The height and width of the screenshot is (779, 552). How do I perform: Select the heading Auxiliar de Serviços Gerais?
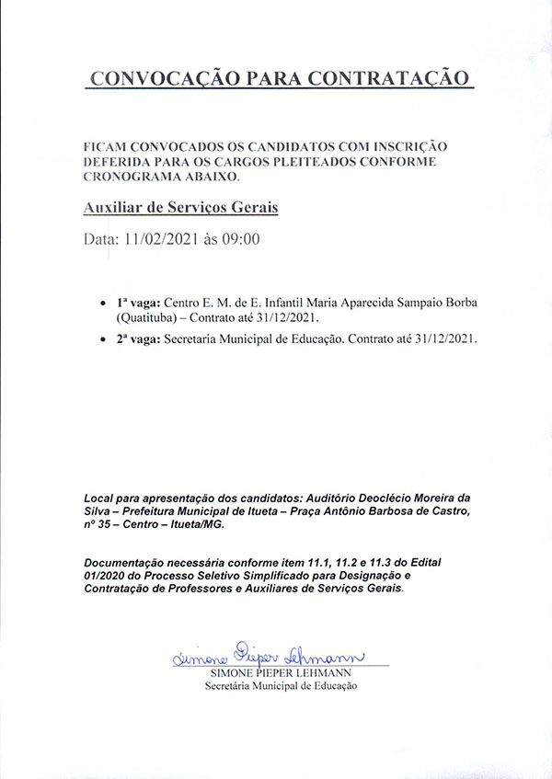pos(180,209)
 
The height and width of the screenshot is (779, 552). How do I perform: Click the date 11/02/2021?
pos(164,241)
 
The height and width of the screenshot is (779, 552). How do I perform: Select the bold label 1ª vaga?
pos(139,303)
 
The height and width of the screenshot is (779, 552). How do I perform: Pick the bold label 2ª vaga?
pos(139,339)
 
